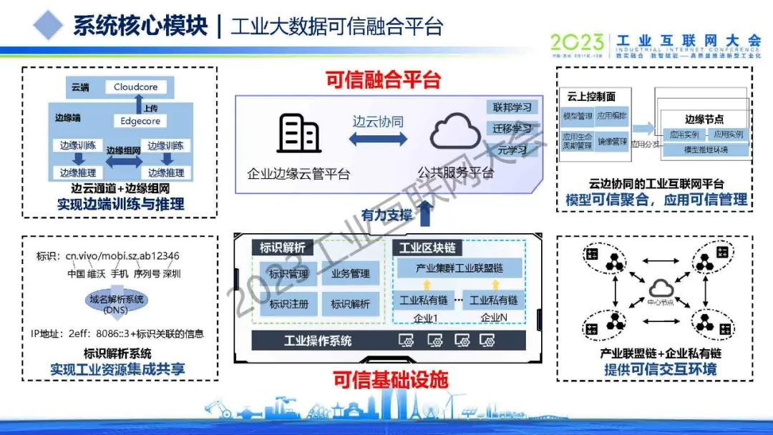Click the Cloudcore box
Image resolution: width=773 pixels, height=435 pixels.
click(135, 87)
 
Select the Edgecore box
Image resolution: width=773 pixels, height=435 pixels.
click(140, 121)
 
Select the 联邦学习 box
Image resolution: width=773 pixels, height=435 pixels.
click(512, 107)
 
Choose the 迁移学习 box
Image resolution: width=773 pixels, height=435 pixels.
click(512, 129)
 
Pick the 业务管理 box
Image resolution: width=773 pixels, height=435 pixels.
click(351, 273)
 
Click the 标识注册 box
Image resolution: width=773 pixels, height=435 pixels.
click(288, 304)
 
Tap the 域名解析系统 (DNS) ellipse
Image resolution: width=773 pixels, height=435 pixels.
click(116, 304)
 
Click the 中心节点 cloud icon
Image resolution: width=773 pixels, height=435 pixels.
click(661, 288)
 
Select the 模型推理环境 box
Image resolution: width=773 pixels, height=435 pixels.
click(706, 150)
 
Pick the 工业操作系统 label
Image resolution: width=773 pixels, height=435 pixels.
click(318, 341)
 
